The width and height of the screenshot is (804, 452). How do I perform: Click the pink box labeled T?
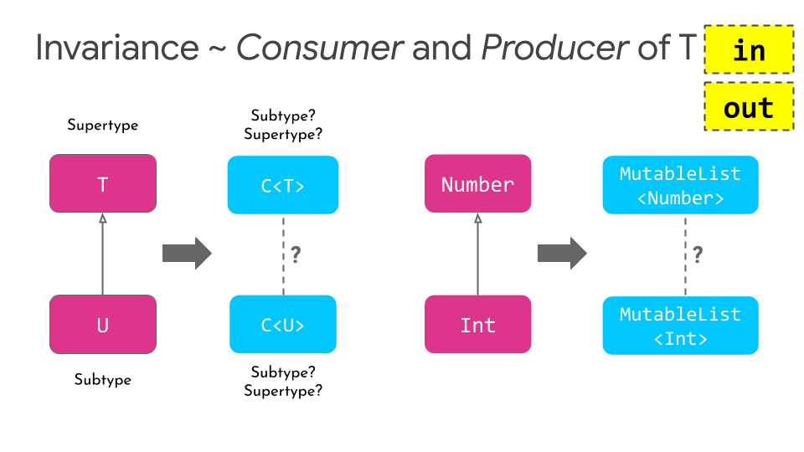103,183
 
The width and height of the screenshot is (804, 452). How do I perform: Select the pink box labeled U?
103,324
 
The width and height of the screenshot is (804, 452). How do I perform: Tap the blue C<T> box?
283,185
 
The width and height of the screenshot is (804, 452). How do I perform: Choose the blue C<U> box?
283,324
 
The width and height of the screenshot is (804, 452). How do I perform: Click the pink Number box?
477,183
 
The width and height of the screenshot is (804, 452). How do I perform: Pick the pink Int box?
477,324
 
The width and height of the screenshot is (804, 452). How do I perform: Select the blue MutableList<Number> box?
680,184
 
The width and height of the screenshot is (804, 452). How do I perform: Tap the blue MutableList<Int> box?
680,326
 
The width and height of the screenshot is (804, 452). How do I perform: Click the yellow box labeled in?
749,50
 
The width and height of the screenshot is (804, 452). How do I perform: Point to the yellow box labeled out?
749,107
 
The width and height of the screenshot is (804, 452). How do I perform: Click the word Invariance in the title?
116,49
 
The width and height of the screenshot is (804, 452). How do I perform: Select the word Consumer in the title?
319,49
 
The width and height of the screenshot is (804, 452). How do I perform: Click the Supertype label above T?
103,126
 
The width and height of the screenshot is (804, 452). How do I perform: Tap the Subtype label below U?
103,380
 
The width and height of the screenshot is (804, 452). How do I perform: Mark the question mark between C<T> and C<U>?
296,254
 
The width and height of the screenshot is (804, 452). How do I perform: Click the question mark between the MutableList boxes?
698,254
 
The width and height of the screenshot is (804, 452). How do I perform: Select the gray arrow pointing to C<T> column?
187,254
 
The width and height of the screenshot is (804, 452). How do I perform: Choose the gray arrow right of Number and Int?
562,254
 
